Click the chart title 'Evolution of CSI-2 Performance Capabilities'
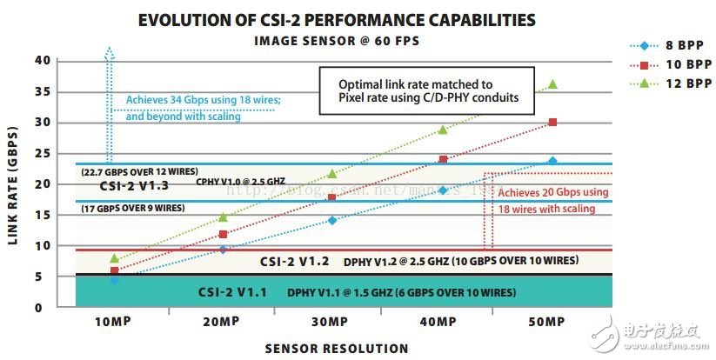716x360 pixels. pyautogui.click(x=337, y=19)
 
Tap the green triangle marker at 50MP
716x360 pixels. pyautogui.click(x=552, y=84)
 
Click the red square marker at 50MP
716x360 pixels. pyautogui.click(x=552, y=122)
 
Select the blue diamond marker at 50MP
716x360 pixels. pyautogui.click(x=552, y=161)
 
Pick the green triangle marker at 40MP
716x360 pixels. pyautogui.click(x=443, y=130)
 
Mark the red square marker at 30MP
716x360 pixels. pyautogui.click(x=331, y=197)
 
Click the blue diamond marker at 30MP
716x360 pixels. pyautogui.click(x=331, y=220)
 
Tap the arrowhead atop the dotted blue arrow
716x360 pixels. pyautogui.click(x=109, y=51)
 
